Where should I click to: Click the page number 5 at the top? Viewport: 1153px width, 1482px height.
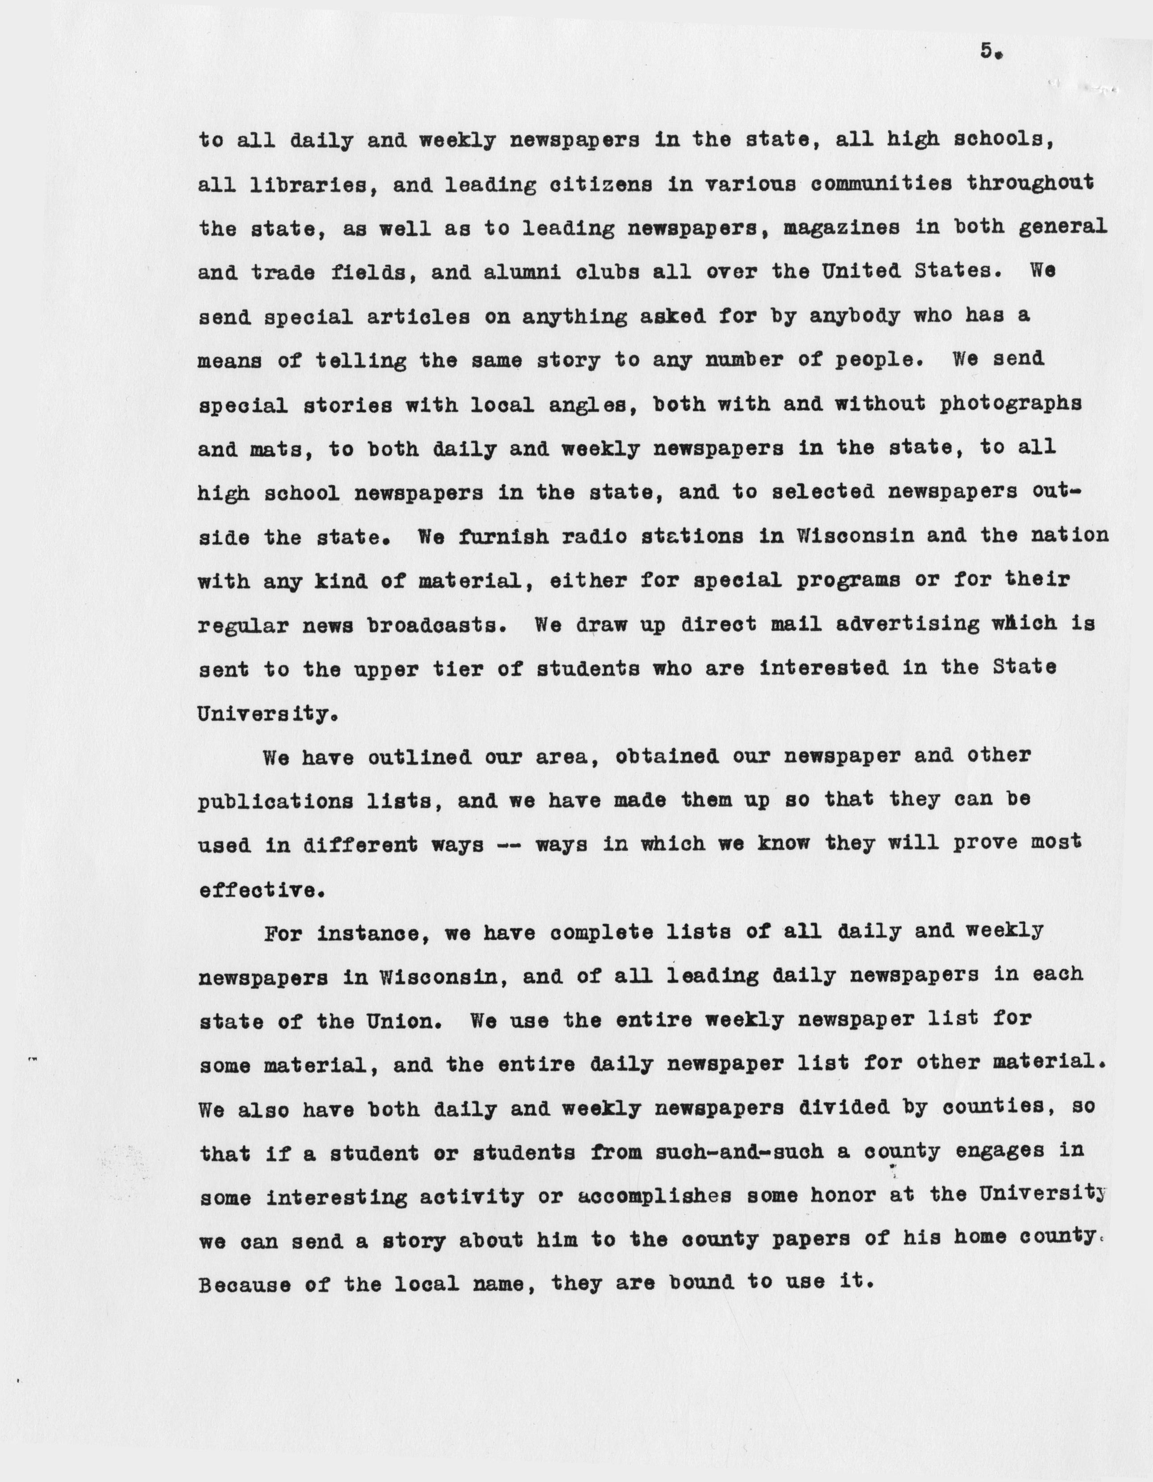(x=988, y=51)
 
